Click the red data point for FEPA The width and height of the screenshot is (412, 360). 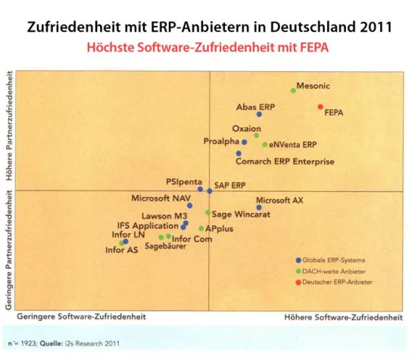320,107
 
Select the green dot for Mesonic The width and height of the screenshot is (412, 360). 293,90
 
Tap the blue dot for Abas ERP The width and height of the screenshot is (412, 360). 259,114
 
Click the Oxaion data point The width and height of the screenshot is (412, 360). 256,136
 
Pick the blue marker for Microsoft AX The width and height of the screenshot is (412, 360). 259,207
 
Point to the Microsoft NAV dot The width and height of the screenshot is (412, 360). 190,205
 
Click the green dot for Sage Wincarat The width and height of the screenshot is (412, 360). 208,213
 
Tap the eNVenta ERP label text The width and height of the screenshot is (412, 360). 293,144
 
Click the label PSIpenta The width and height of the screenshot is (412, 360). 182,183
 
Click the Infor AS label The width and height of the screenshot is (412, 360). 121,250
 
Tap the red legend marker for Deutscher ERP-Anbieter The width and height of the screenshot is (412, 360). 298,282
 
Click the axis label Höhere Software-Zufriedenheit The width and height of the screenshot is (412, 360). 342,316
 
